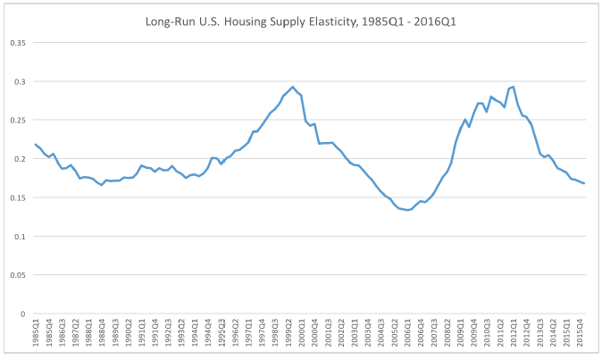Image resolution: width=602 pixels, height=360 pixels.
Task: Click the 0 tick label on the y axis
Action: pos(24,314)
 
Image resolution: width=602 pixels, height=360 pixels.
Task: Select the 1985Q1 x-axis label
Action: pos(36,335)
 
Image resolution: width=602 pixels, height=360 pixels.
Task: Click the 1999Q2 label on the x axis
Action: pos(292,335)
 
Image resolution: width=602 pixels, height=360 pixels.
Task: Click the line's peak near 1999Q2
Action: pos(293,87)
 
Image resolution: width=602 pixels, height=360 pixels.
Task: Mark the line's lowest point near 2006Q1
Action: pos(408,210)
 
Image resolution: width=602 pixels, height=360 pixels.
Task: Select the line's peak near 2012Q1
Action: pos(513,87)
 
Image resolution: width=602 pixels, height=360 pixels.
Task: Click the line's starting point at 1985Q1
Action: pos(36,144)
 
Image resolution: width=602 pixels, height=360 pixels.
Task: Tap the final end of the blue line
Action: pos(584,183)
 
